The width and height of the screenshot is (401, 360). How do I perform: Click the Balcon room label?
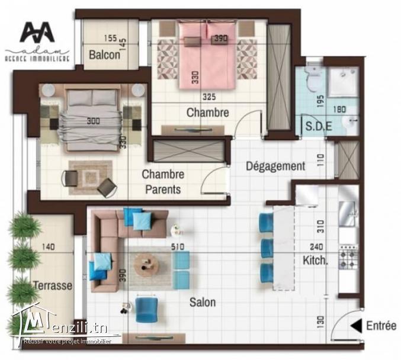coord(105,55)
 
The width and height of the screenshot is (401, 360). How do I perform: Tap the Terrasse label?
coord(53,285)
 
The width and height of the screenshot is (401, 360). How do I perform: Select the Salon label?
coord(202,303)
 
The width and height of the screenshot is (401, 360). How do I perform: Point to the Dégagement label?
coord(275,166)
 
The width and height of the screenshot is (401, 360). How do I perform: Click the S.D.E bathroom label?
coord(318,126)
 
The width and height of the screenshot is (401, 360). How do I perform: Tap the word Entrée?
coord(381,326)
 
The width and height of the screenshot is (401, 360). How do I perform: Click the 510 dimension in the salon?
coord(177,247)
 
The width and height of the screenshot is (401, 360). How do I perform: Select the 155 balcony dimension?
coord(111,38)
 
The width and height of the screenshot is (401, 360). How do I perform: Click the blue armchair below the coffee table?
coord(146,309)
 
